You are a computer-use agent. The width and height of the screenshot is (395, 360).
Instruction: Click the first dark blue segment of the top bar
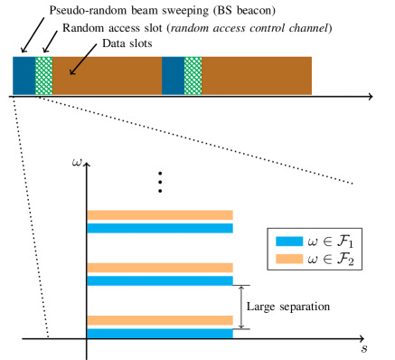(x=24, y=75)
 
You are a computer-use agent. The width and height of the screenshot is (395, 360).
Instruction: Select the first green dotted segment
(x=43, y=75)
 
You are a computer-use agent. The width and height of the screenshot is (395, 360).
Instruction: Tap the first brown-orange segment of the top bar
(x=107, y=75)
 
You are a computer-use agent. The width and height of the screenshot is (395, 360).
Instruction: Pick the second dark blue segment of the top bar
(x=173, y=75)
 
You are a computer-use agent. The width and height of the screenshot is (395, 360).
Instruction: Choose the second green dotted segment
(x=193, y=75)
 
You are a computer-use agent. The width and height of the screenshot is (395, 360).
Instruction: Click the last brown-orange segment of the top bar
(x=256, y=75)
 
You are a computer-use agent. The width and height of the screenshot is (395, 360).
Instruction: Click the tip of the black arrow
(x=71, y=74)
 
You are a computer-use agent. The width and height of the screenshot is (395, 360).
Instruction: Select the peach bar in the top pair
(x=160, y=215)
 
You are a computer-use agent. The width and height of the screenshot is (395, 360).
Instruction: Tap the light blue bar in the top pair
(x=160, y=228)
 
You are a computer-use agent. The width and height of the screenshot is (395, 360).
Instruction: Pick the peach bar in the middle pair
(x=160, y=268)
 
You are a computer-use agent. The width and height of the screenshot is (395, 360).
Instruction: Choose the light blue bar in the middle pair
(x=160, y=280)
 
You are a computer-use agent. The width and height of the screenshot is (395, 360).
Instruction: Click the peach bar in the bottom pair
(x=160, y=320)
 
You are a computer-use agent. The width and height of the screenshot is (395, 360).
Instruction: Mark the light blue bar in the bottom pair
(x=160, y=333)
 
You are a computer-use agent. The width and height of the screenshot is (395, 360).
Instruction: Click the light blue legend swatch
(x=289, y=242)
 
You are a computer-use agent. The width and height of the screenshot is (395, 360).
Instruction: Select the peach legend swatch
(x=289, y=259)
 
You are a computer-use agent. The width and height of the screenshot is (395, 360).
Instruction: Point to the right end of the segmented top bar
(x=311, y=75)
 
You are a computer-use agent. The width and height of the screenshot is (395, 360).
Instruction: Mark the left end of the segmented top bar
(x=14, y=75)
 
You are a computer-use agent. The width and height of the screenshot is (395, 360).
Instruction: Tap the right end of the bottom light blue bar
(x=232, y=333)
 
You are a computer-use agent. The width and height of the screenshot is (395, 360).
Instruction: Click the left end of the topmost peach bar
(x=89, y=215)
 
